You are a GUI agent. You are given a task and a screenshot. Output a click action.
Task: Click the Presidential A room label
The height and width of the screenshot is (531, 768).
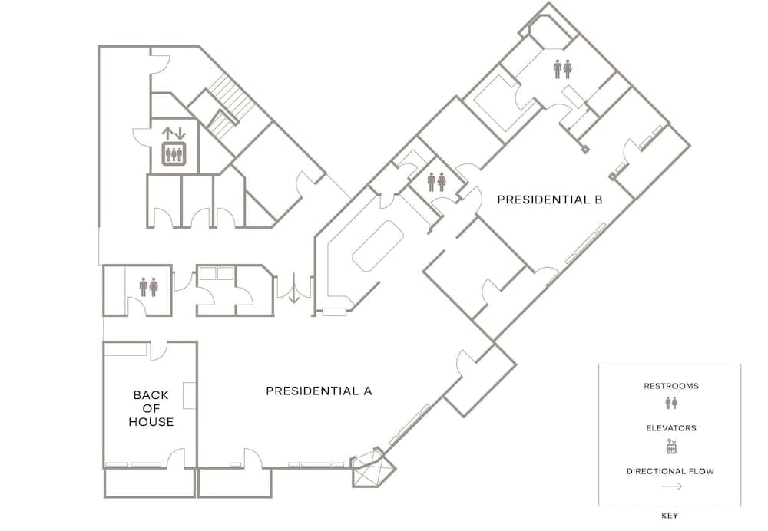click(x=319, y=391)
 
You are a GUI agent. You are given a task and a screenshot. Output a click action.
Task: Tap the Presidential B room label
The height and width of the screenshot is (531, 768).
click(x=550, y=200)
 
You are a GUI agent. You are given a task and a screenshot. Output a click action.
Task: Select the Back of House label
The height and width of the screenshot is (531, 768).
click(x=151, y=408)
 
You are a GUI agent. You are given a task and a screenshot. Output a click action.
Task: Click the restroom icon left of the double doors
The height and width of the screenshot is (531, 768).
click(x=148, y=287)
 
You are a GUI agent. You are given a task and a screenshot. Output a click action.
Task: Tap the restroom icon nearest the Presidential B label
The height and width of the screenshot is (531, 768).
click(x=436, y=182)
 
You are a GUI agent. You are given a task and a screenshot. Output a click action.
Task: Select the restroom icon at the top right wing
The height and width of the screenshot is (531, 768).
click(x=563, y=69)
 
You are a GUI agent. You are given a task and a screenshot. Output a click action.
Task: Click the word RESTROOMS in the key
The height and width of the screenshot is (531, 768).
click(x=671, y=386)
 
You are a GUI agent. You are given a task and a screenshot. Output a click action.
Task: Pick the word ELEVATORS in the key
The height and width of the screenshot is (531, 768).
click(x=671, y=427)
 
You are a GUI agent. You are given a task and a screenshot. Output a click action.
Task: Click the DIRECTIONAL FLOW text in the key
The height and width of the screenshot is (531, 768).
click(x=670, y=471)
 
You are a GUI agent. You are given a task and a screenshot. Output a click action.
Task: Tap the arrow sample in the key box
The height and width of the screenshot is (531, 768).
click(x=671, y=486)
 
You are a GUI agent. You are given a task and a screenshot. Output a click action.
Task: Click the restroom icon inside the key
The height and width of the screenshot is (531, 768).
click(x=671, y=403)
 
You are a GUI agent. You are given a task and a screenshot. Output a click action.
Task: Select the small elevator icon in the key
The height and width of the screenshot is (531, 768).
click(x=671, y=446)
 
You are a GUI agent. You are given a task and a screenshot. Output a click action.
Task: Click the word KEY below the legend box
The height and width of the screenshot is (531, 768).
click(x=670, y=516)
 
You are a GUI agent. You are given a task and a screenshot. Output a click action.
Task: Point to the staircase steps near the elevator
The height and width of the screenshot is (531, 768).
click(x=230, y=105)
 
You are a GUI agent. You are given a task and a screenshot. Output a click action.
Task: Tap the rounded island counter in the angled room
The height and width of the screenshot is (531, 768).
click(x=377, y=246)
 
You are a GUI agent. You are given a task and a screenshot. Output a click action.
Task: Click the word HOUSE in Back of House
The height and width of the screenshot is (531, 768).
click(x=151, y=422)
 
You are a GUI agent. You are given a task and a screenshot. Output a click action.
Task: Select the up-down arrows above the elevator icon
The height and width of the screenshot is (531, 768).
click(x=174, y=133)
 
